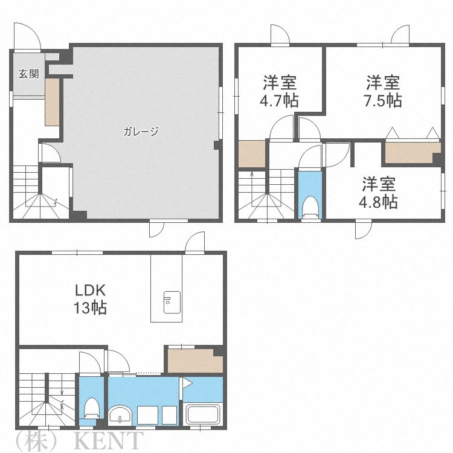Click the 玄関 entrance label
(28, 74)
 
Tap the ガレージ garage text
(141, 131)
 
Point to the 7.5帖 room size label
(384, 100)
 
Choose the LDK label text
(91, 290)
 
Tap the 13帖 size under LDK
(91, 308)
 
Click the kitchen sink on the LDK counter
(171, 299)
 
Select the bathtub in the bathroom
(204, 415)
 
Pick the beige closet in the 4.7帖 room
(252, 154)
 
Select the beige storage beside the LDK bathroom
(194, 361)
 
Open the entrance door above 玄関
(28, 37)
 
